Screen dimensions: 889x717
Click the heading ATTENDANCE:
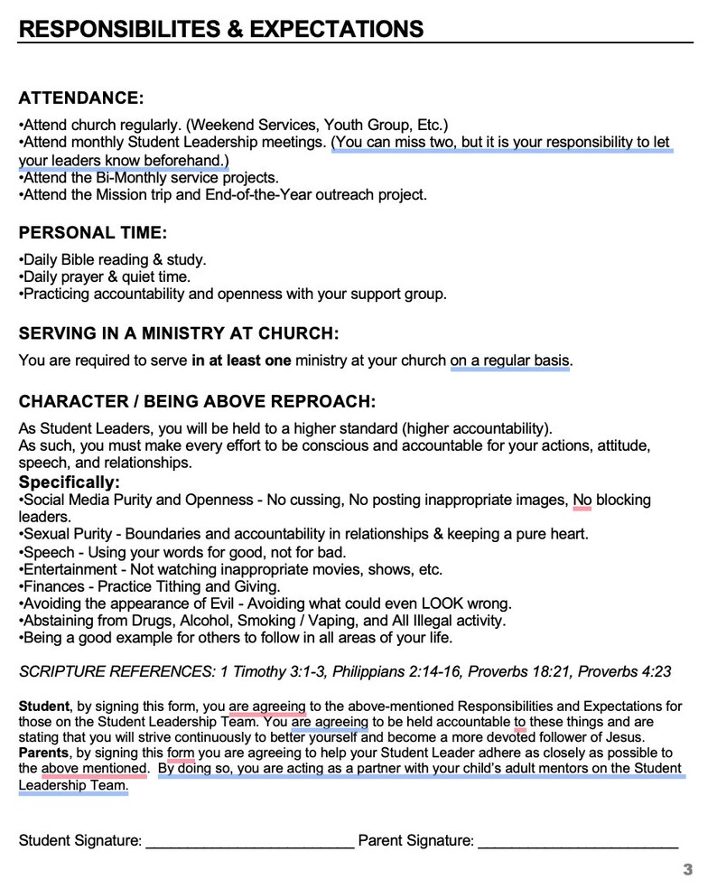(x=80, y=98)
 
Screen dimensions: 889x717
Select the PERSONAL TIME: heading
(x=92, y=233)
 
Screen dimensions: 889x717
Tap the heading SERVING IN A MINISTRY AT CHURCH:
(x=178, y=333)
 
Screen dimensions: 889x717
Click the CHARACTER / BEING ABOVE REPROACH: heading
(x=196, y=401)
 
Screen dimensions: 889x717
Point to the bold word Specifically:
(x=69, y=482)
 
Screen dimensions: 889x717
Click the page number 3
(x=687, y=870)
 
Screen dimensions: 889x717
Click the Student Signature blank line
(x=249, y=842)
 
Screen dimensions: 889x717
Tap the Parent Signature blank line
(x=577, y=842)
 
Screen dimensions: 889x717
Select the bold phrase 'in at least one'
(x=241, y=361)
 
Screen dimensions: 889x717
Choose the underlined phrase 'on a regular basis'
(x=510, y=361)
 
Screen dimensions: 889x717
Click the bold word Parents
(x=43, y=753)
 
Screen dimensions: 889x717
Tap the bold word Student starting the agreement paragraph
(x=43, y=707)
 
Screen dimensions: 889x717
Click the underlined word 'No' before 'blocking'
(x=582, y=500)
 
